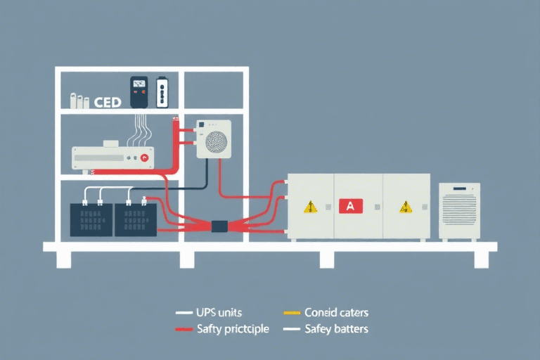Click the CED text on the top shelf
point(107,102)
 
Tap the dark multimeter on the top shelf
point(139,91)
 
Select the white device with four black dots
point(162,92)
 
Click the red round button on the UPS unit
point(145,158)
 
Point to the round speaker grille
point(215,142)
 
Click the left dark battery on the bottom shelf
point(91,219)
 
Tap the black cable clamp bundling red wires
point(219,226)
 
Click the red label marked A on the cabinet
point(351,206)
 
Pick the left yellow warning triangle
point(309,207)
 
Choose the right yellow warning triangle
point(405,207)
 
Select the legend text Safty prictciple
point(233,329)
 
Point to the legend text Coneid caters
point(336,312)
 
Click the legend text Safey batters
point(336,329)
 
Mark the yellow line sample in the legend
point(291,312)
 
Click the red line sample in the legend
point(184,329)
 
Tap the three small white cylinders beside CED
point(79,101)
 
